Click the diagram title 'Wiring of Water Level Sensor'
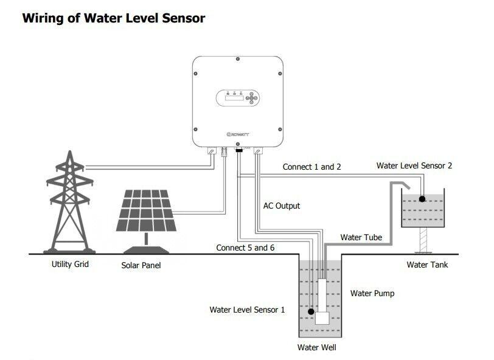113,18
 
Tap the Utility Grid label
71,265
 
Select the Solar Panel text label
141,265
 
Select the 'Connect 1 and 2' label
312,167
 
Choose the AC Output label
281,206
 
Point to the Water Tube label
361,237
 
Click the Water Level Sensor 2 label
414,165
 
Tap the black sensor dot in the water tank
422,199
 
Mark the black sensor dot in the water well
311,312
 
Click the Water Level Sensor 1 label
247,310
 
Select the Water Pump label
372,293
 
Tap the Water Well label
316,348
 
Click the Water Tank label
427,265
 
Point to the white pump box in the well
324,317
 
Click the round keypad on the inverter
252,98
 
